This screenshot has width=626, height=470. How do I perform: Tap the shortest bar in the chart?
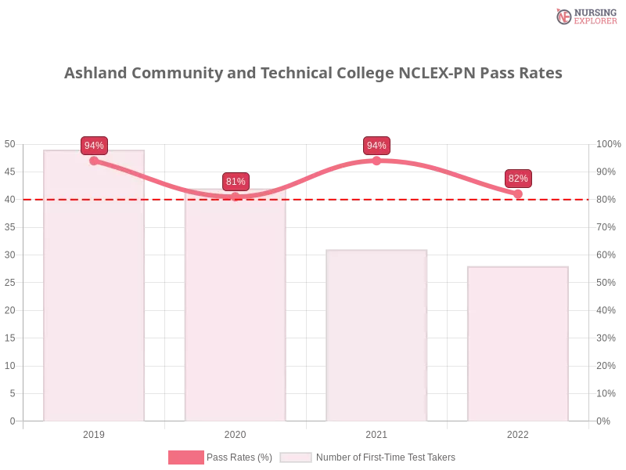pos(516,345)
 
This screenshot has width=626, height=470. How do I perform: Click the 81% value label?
pos(236,182)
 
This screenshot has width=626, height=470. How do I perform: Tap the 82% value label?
pos(518,179)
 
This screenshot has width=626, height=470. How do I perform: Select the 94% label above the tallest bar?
pos(94,146)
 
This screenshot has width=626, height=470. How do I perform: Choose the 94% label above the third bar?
pos(376,146)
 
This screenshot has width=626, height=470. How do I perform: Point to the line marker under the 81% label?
pos(236,197)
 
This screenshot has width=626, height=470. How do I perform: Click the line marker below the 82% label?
pos(518,193)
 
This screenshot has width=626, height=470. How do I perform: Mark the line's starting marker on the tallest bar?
pos(94,161)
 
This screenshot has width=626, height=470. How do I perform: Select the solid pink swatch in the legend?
pos(185,457)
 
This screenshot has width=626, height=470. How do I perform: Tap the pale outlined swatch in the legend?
pos(296,457)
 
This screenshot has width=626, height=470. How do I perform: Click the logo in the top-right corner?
pos(585,16)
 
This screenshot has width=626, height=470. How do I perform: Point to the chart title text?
pos(313,74)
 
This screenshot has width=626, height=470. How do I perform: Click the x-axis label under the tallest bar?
pos(94,433)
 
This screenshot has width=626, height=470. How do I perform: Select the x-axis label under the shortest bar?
pos(518,433)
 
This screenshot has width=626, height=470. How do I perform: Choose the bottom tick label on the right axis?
pos(604,420)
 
